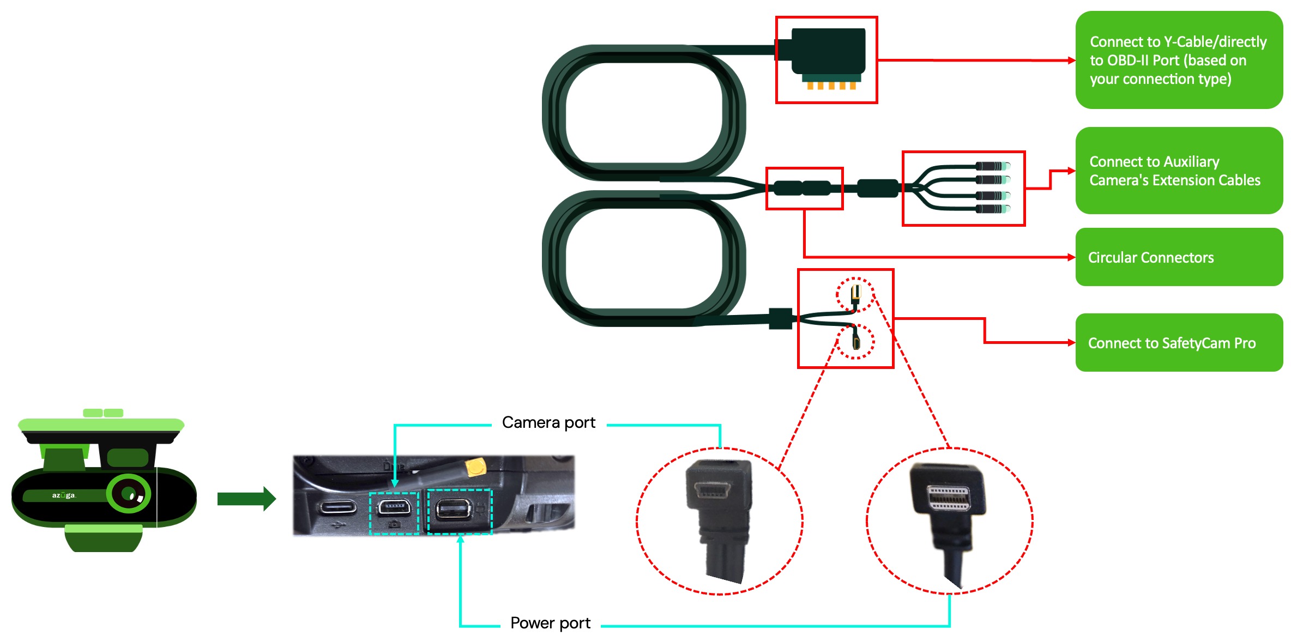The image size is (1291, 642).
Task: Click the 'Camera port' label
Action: click(548, 422)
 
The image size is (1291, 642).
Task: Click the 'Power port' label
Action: click(550, 623)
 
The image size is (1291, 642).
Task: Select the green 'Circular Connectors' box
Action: click(1179, 257)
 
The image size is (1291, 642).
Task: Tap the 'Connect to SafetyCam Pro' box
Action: click(1179, 343)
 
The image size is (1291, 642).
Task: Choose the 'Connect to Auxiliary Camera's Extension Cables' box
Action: click(1179, 171)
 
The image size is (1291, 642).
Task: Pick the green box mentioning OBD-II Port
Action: click(1179, 60)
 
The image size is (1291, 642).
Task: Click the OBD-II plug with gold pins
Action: click(827, 58)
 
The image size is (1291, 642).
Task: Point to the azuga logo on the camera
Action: click(64, 495)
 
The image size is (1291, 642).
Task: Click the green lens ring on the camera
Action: click(129, 494)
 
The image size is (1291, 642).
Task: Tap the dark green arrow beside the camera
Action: click(246, 499)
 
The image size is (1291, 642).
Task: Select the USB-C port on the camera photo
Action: click(338, 508)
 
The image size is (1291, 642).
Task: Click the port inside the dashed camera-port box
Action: click(394, 508)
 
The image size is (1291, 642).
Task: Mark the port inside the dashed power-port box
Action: click(454, 509)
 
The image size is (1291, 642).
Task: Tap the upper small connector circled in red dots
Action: click(855, 295)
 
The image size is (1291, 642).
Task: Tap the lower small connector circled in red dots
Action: click(856, 339)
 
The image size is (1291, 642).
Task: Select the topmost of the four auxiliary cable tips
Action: click(992, 166)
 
